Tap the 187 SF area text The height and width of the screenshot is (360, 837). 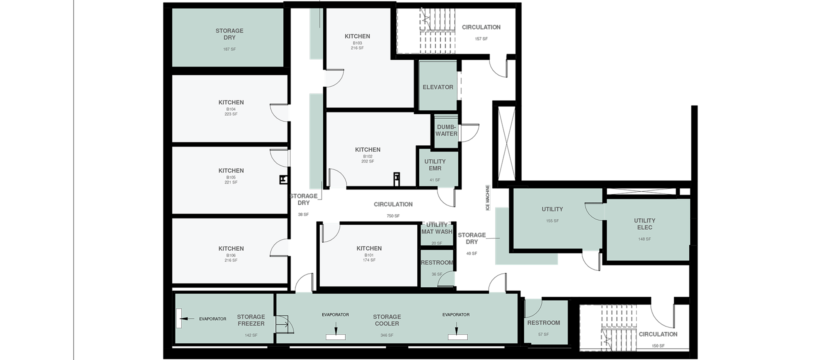pos(229,49)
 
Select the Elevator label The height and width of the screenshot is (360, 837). pos(438,87)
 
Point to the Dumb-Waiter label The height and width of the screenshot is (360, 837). pos(446,130)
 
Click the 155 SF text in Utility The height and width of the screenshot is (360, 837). pos(552,221)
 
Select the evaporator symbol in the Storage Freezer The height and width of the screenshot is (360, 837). pos(179,319)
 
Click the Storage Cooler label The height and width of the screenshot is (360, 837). pos(387,320)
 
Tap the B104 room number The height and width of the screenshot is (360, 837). pos(231,109)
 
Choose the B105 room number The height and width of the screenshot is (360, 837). pos(231,177)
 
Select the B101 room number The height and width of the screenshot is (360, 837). pos(369,255)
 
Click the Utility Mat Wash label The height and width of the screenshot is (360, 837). pos(437,229)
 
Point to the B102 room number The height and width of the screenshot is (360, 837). pos(367,156)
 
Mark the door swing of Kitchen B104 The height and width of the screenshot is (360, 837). pos(279,113)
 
